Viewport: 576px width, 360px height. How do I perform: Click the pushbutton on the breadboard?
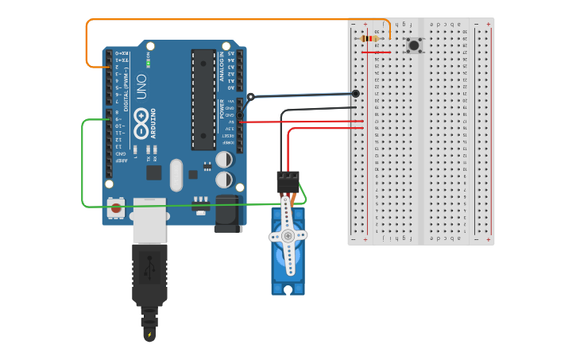click(414, 45)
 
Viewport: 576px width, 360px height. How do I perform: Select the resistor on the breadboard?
click(369, 38)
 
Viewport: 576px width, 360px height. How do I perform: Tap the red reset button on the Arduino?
click(117, 209)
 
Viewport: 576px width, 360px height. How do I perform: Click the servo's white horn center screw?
click(288, 235)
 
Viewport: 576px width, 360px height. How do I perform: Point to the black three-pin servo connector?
click(288, 181)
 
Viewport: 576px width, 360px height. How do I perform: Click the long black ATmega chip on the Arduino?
click(203, 99)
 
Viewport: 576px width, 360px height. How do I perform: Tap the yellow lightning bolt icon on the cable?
click(149, 335)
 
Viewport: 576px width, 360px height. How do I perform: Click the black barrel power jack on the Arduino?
click(227, 214)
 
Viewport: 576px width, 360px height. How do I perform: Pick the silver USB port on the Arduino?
click(149, 219)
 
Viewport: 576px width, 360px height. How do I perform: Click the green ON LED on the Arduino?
click(148, 64)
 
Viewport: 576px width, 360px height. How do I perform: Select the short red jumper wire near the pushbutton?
click(377, 52)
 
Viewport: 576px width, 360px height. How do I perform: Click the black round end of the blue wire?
click(355, 94)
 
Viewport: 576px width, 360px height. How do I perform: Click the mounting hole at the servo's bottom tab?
click(288, 290)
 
